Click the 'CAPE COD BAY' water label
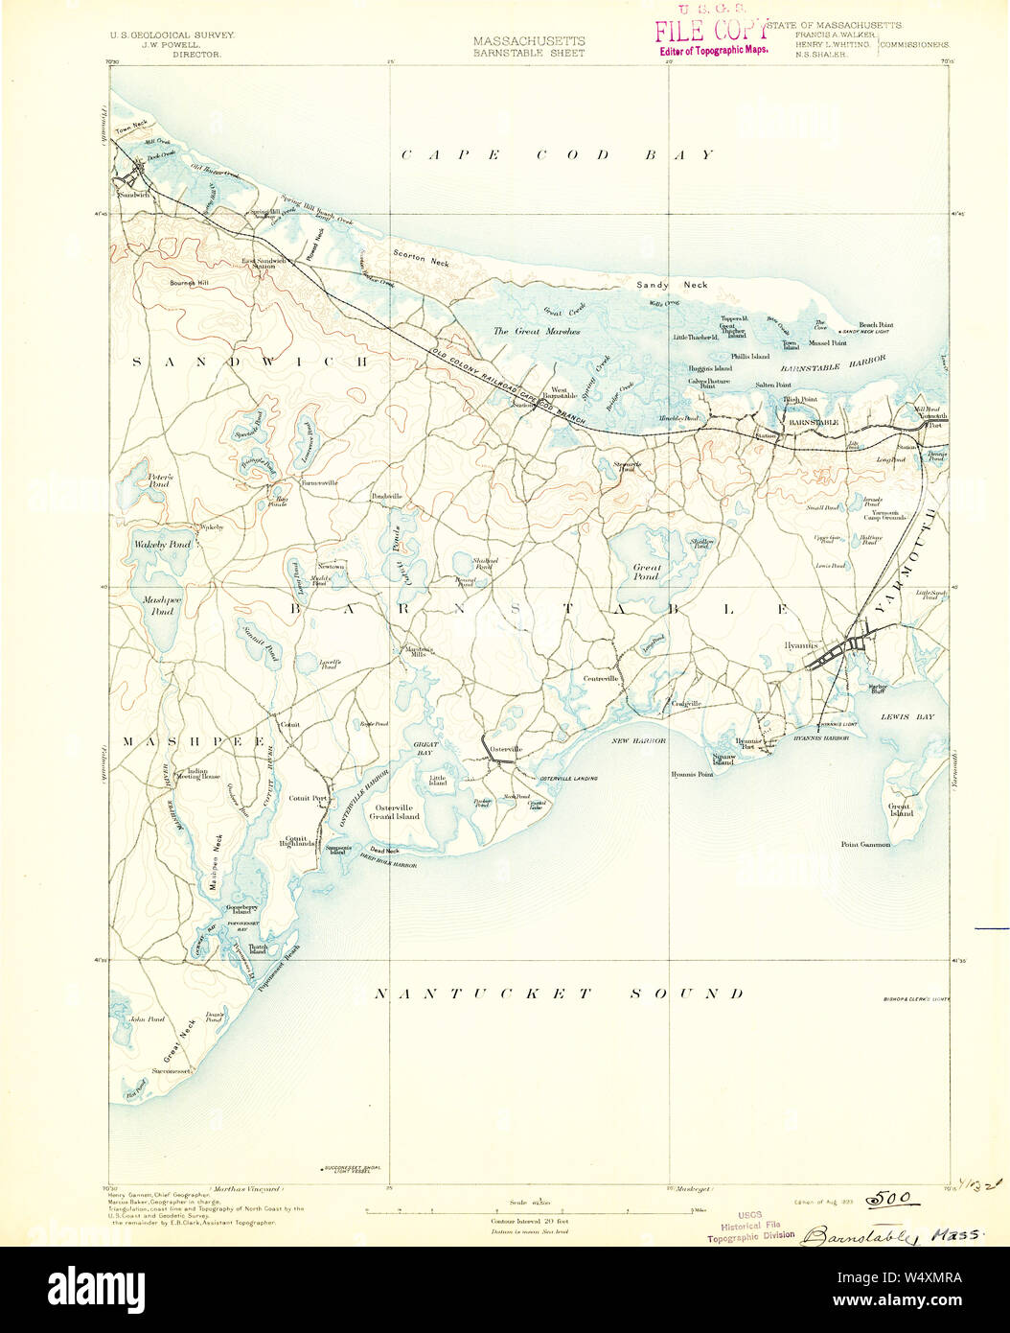557,154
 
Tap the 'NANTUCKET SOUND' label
558,994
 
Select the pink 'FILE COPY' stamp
710,32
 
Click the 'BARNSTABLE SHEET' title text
528,53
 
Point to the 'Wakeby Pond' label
162,545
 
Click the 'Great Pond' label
646,573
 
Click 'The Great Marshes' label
537,331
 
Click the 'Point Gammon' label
865,845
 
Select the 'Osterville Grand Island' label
396,811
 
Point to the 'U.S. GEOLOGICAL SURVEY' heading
172,34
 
